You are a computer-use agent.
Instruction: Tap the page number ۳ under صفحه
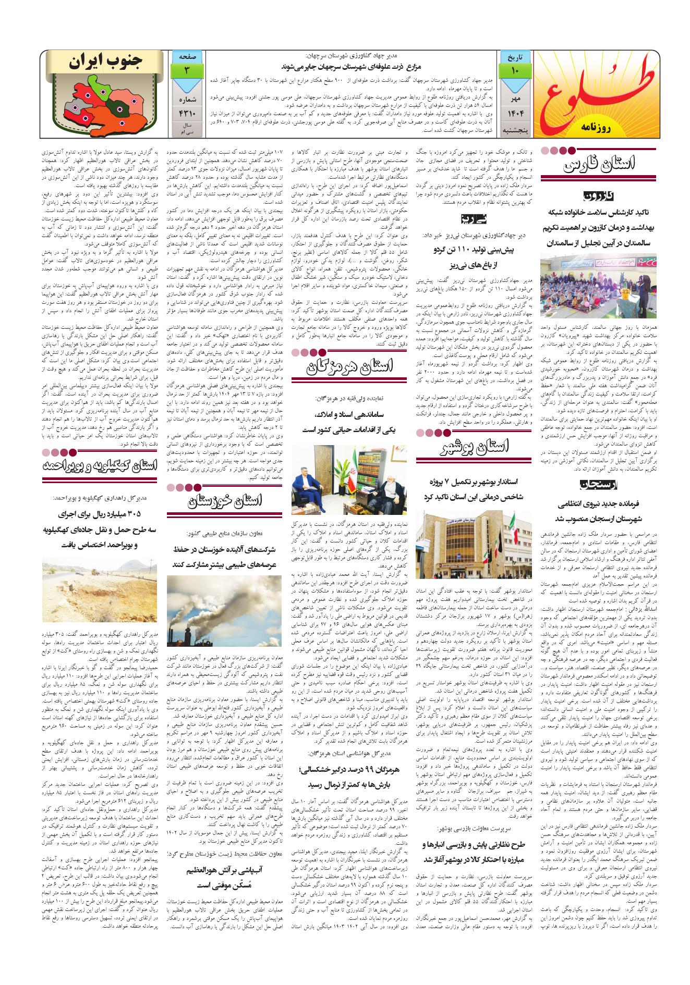[x=186, y=70]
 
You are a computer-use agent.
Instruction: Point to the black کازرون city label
[x=599, y=196]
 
